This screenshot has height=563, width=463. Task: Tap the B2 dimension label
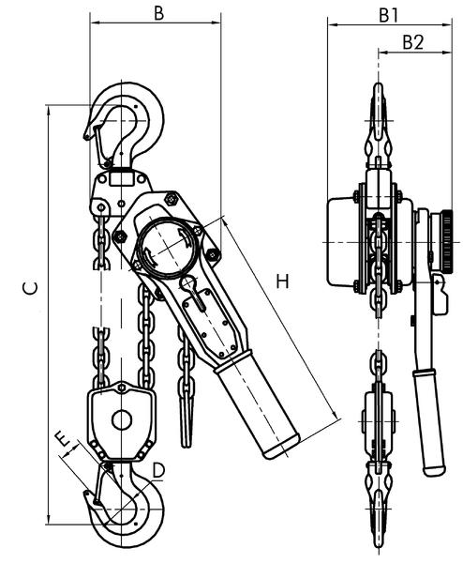(413, 41)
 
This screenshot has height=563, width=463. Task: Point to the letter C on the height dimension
(30, 290)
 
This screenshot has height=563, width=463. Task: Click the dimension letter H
(282, 280)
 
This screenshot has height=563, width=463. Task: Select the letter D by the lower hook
(158, 468)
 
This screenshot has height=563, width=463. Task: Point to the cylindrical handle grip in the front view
(259, 409)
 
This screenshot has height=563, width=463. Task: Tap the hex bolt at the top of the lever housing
(171, 198)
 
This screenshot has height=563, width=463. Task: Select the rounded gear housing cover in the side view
(341, 242)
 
